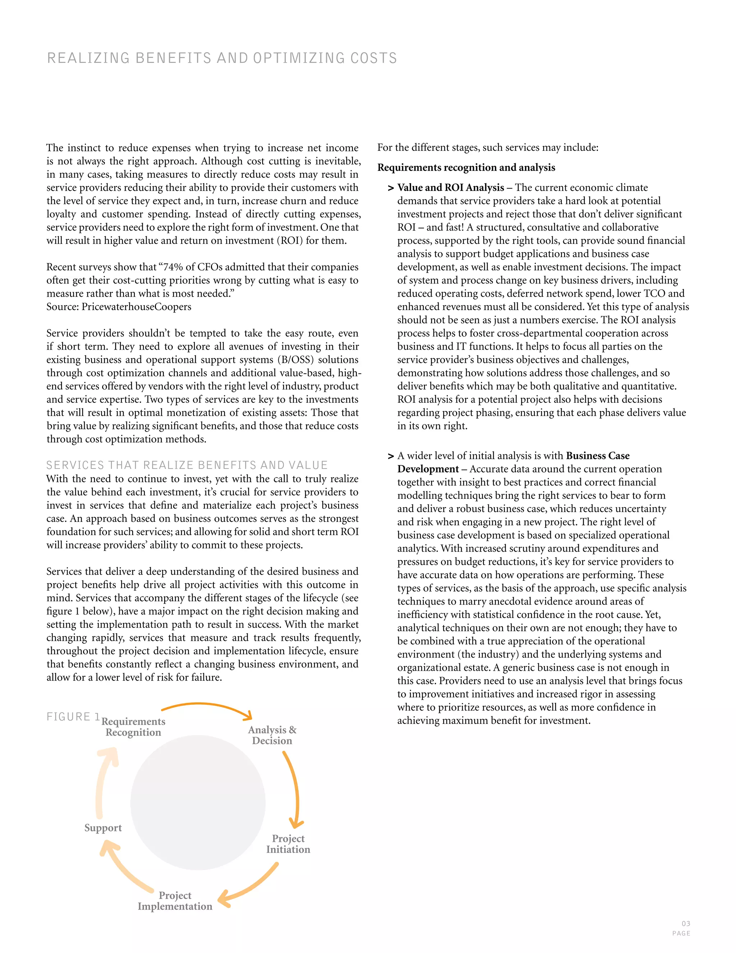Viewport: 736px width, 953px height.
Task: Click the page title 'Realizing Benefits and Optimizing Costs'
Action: [222, 58]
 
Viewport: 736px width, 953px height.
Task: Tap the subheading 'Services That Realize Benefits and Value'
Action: [187, 465]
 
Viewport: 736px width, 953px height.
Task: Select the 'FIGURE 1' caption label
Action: [73, 717]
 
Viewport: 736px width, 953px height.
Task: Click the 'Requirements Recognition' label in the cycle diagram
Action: [133, 727]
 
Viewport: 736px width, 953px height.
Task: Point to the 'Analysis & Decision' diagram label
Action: [272, 735]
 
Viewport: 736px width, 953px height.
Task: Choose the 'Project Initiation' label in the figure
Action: [288, 844]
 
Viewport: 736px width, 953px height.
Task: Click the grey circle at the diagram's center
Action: [198, 803]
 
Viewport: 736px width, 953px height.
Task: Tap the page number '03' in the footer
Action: [686, 924]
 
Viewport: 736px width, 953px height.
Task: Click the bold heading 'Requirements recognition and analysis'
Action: [466, 168]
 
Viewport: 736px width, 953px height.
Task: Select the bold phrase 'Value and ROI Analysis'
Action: [450, 188]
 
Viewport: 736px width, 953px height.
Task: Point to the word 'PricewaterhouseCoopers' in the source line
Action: [137, 307]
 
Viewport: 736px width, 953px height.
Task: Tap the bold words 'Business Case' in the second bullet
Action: [597, 456]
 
